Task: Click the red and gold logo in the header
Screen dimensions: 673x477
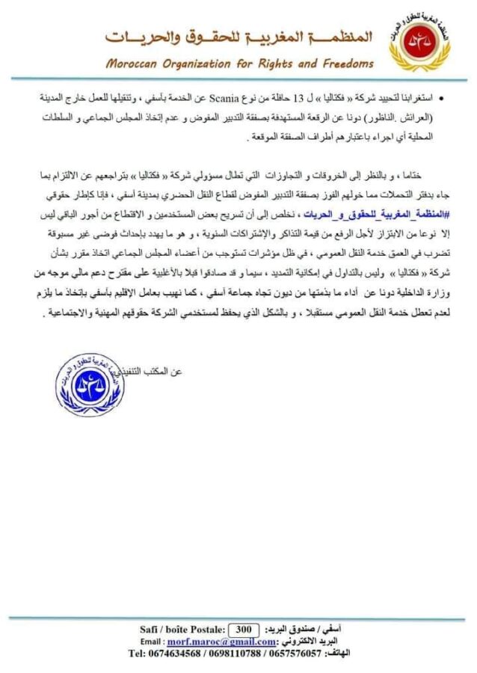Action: click(x=419, y=43)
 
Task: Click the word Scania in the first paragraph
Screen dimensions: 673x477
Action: click(x=235, y=98)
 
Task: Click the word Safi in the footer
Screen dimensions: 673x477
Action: click(x=149, y=629)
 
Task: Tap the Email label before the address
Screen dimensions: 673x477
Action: click(x=152, y=641)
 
